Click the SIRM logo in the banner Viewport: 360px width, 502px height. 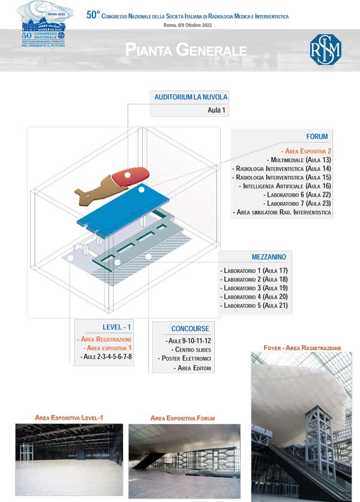[325, 50]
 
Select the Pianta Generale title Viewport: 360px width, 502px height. [186, 50]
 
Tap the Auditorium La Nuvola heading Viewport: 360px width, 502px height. [191, 97]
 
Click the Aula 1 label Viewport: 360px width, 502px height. [217, 110]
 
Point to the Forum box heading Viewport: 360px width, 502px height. [317, 137]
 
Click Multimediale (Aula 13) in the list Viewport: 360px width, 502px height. [301, 160]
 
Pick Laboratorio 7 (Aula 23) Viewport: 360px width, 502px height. [297, 204]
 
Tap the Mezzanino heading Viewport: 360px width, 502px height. [269, 257]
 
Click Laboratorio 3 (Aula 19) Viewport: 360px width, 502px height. [255, 288]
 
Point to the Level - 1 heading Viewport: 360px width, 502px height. [116, 327]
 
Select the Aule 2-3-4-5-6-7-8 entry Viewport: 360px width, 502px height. [106, 357]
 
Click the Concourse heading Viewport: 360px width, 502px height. [190, 329]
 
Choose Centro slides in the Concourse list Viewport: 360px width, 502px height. [192, 350]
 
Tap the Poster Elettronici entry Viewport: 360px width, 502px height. [185, 359]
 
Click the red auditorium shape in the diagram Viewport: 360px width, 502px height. [130, 176]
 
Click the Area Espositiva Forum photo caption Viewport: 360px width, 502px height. [182, 418]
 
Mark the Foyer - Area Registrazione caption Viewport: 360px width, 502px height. [302, 348]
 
